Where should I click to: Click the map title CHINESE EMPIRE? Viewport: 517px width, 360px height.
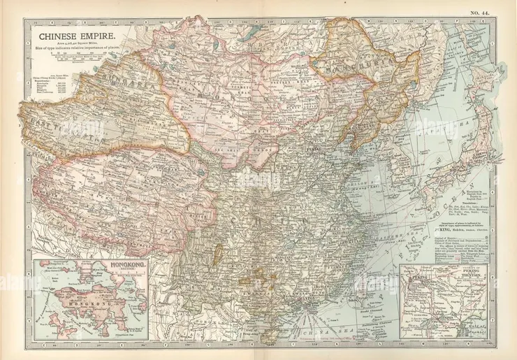coord(71,32)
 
